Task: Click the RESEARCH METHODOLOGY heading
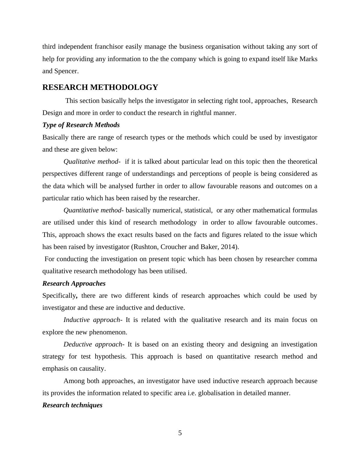(x=100, y=87)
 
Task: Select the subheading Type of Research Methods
(x=81, y=125)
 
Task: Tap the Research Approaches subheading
(x=74, y=284)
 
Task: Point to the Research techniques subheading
(x=72, y=405)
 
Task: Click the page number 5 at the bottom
(x=180, y=433)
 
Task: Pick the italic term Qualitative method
(x=91, y=162)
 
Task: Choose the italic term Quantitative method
(x=92, y=210)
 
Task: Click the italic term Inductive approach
(x=92, y=320)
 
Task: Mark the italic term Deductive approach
(x=93, y=344)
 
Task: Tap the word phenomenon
(x=108, y=332)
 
